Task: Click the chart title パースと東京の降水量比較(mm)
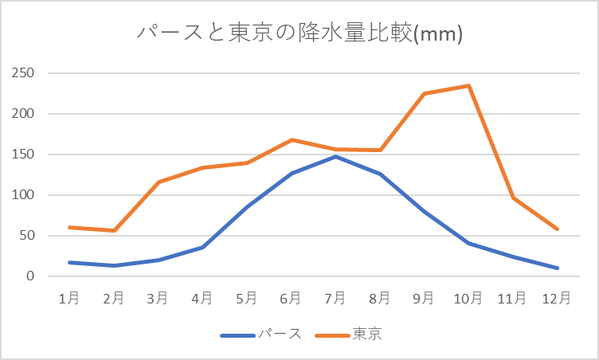[x=299, y=33]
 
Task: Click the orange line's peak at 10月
[x=469, y=85]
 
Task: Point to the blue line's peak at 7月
[x=336, y=156]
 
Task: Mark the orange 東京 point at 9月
[x=425, y=93]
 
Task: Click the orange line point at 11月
[x=514, y=198]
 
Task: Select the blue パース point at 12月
[x=558, y=268]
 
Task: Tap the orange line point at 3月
[x=159, y=182]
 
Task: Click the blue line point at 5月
[x=247, y=206]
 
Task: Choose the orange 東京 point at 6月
[x=292, y=139]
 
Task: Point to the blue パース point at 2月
[x=114, y=265]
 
